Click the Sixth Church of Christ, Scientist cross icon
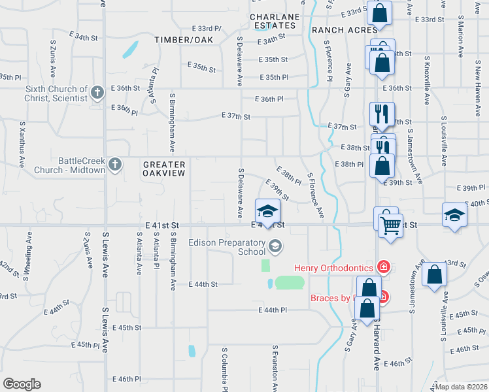click(98, 92)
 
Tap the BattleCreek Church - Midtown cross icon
click(115, 164)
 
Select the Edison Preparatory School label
click(227, 246)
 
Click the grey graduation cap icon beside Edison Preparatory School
click(276, 246)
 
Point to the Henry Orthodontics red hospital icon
click(383, 267)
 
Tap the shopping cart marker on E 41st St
click(390, 226)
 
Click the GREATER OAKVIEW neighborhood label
click(164, 169)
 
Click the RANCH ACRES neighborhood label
click(345, 29)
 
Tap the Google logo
click(22, 384)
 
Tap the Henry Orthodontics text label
click(333, 267)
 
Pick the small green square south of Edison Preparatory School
click(265, 265)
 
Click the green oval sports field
click(290, 283)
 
